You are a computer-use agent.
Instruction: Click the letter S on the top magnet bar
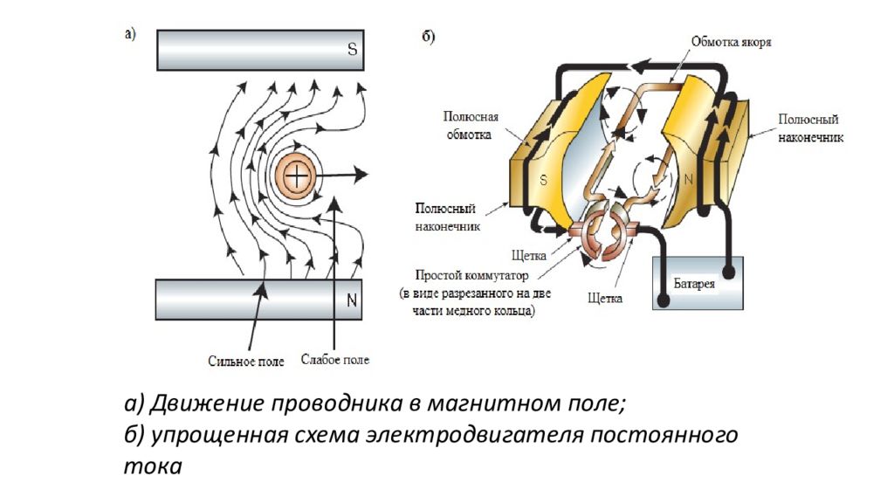[352, 50]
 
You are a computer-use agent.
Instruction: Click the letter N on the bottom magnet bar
[352, 301]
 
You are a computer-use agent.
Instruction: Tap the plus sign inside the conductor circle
[298, 176]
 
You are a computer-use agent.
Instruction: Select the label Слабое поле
[334, 359]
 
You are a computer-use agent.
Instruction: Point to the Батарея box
[698, 283]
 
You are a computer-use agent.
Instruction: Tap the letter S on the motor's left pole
[543, 182]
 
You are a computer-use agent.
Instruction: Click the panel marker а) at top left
[130, 35]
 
